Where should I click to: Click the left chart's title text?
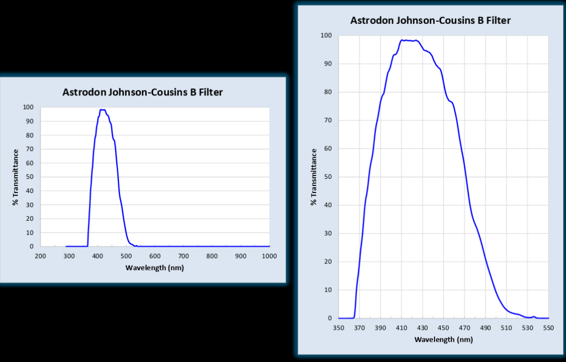[x=142, y=92]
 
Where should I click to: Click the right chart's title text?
[x=430, y=21]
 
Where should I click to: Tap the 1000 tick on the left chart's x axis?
[x=269, y=256]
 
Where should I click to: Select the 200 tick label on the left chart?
[x=40, y=256]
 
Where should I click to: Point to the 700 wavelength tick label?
[x=183, y=256]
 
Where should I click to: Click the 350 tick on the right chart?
[x=339, y=328]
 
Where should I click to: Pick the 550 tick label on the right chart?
[x=549, y=328]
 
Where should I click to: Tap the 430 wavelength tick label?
[x=423, y=328]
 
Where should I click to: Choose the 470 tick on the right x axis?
[x=465, y=328]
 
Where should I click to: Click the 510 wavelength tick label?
[x=507, y=328]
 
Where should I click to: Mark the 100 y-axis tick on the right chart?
[x=327, y=35]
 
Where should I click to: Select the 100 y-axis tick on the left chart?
[x=27, y=107]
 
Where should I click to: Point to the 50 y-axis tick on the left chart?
[x=29, y=177]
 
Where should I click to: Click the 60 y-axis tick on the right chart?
[x=328, y=148]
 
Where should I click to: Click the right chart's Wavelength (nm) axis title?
[x=443, y=339]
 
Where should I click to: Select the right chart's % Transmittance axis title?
[x=314, y=177]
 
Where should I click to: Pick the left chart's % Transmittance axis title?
[x=16, y=177]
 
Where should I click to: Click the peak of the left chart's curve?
[x=102, y=110]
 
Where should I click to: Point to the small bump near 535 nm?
[x=533, y=316]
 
